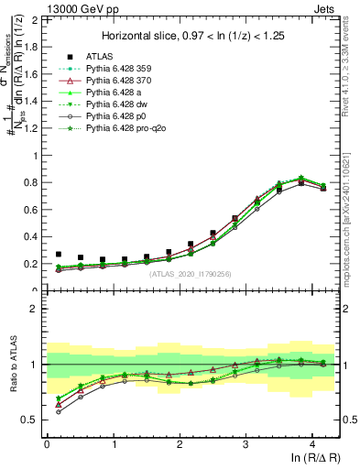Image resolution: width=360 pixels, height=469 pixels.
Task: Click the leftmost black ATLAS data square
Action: pyautogui.click(x=59, y=255)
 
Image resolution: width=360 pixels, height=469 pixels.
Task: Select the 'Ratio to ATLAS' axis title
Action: pyautogui.click(x=12, y=364)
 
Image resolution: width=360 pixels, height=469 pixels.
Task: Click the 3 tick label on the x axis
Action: pyautogui.click(x=245, y=442)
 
